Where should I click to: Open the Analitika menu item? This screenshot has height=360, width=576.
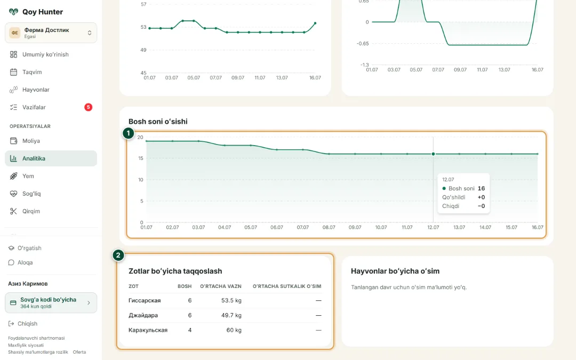[51, 158]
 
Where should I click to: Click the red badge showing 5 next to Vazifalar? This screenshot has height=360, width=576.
[88, 107]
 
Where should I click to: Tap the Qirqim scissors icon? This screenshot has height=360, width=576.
[13, 211]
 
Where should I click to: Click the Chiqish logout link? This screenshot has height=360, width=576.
[23, 324]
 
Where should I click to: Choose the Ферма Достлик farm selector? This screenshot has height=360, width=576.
[51, 33]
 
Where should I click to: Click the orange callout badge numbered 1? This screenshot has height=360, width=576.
[128, 133]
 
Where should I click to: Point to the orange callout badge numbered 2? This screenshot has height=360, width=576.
[118, 255]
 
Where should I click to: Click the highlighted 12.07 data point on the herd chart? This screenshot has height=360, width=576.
[433, 154]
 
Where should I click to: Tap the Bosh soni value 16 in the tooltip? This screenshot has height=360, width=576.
[481, 188]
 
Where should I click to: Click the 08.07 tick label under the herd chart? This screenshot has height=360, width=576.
[329, 227]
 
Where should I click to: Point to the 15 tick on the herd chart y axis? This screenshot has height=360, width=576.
[140, 158]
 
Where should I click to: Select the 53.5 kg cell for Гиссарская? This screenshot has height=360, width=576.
[231, 300]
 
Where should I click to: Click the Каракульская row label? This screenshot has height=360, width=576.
[148, 330]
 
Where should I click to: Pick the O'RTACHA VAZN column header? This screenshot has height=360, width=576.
[221, 286]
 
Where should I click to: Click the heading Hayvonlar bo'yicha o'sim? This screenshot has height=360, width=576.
[395, 271]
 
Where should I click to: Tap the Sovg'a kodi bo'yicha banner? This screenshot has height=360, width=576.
[51, 303]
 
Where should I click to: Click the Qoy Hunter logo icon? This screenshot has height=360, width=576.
[13, 12]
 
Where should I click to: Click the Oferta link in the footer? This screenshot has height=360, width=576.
[79, 352]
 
